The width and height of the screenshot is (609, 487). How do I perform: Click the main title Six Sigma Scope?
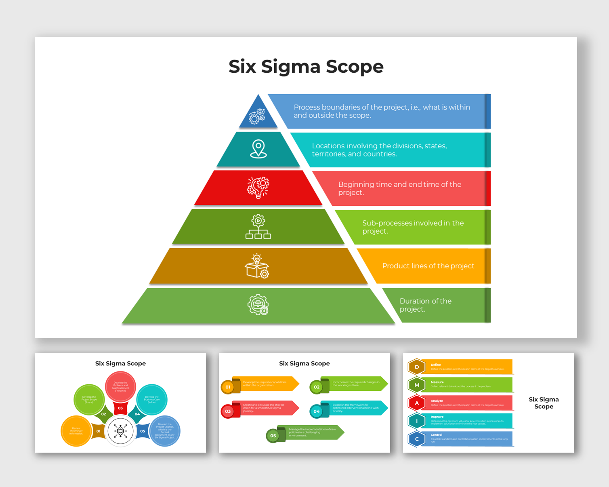[x=306, y=67]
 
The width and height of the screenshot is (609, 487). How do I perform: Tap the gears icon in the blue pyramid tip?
[x=257, y=116]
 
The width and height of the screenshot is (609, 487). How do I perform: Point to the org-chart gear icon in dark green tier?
[x=258, y=227]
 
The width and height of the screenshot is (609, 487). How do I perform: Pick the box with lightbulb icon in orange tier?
[x=257, y=266]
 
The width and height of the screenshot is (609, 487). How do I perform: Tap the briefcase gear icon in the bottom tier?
[x=258, y=305]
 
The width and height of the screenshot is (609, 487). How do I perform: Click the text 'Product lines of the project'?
[x=428, y=266]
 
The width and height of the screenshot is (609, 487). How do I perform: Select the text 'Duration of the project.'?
[x=425, y=305]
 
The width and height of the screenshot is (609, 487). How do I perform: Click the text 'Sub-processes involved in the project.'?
[x=413, y=227]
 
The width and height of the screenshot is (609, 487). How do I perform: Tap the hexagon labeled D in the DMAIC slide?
[x=417, y=367]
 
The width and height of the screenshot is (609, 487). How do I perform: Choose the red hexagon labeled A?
[x=417, y=403]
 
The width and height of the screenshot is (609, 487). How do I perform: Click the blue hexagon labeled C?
[x=417, y=439]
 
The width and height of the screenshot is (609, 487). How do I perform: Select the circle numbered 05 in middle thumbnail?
[x=273, y=436]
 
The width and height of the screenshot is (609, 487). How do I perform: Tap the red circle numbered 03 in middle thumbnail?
[x=228, y=411]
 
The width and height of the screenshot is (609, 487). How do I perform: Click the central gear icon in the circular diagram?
[x=120, y=431]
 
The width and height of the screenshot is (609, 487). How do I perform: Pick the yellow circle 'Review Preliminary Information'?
[x=76, y=431]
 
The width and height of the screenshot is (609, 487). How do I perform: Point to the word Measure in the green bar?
[x=437, y=382]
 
